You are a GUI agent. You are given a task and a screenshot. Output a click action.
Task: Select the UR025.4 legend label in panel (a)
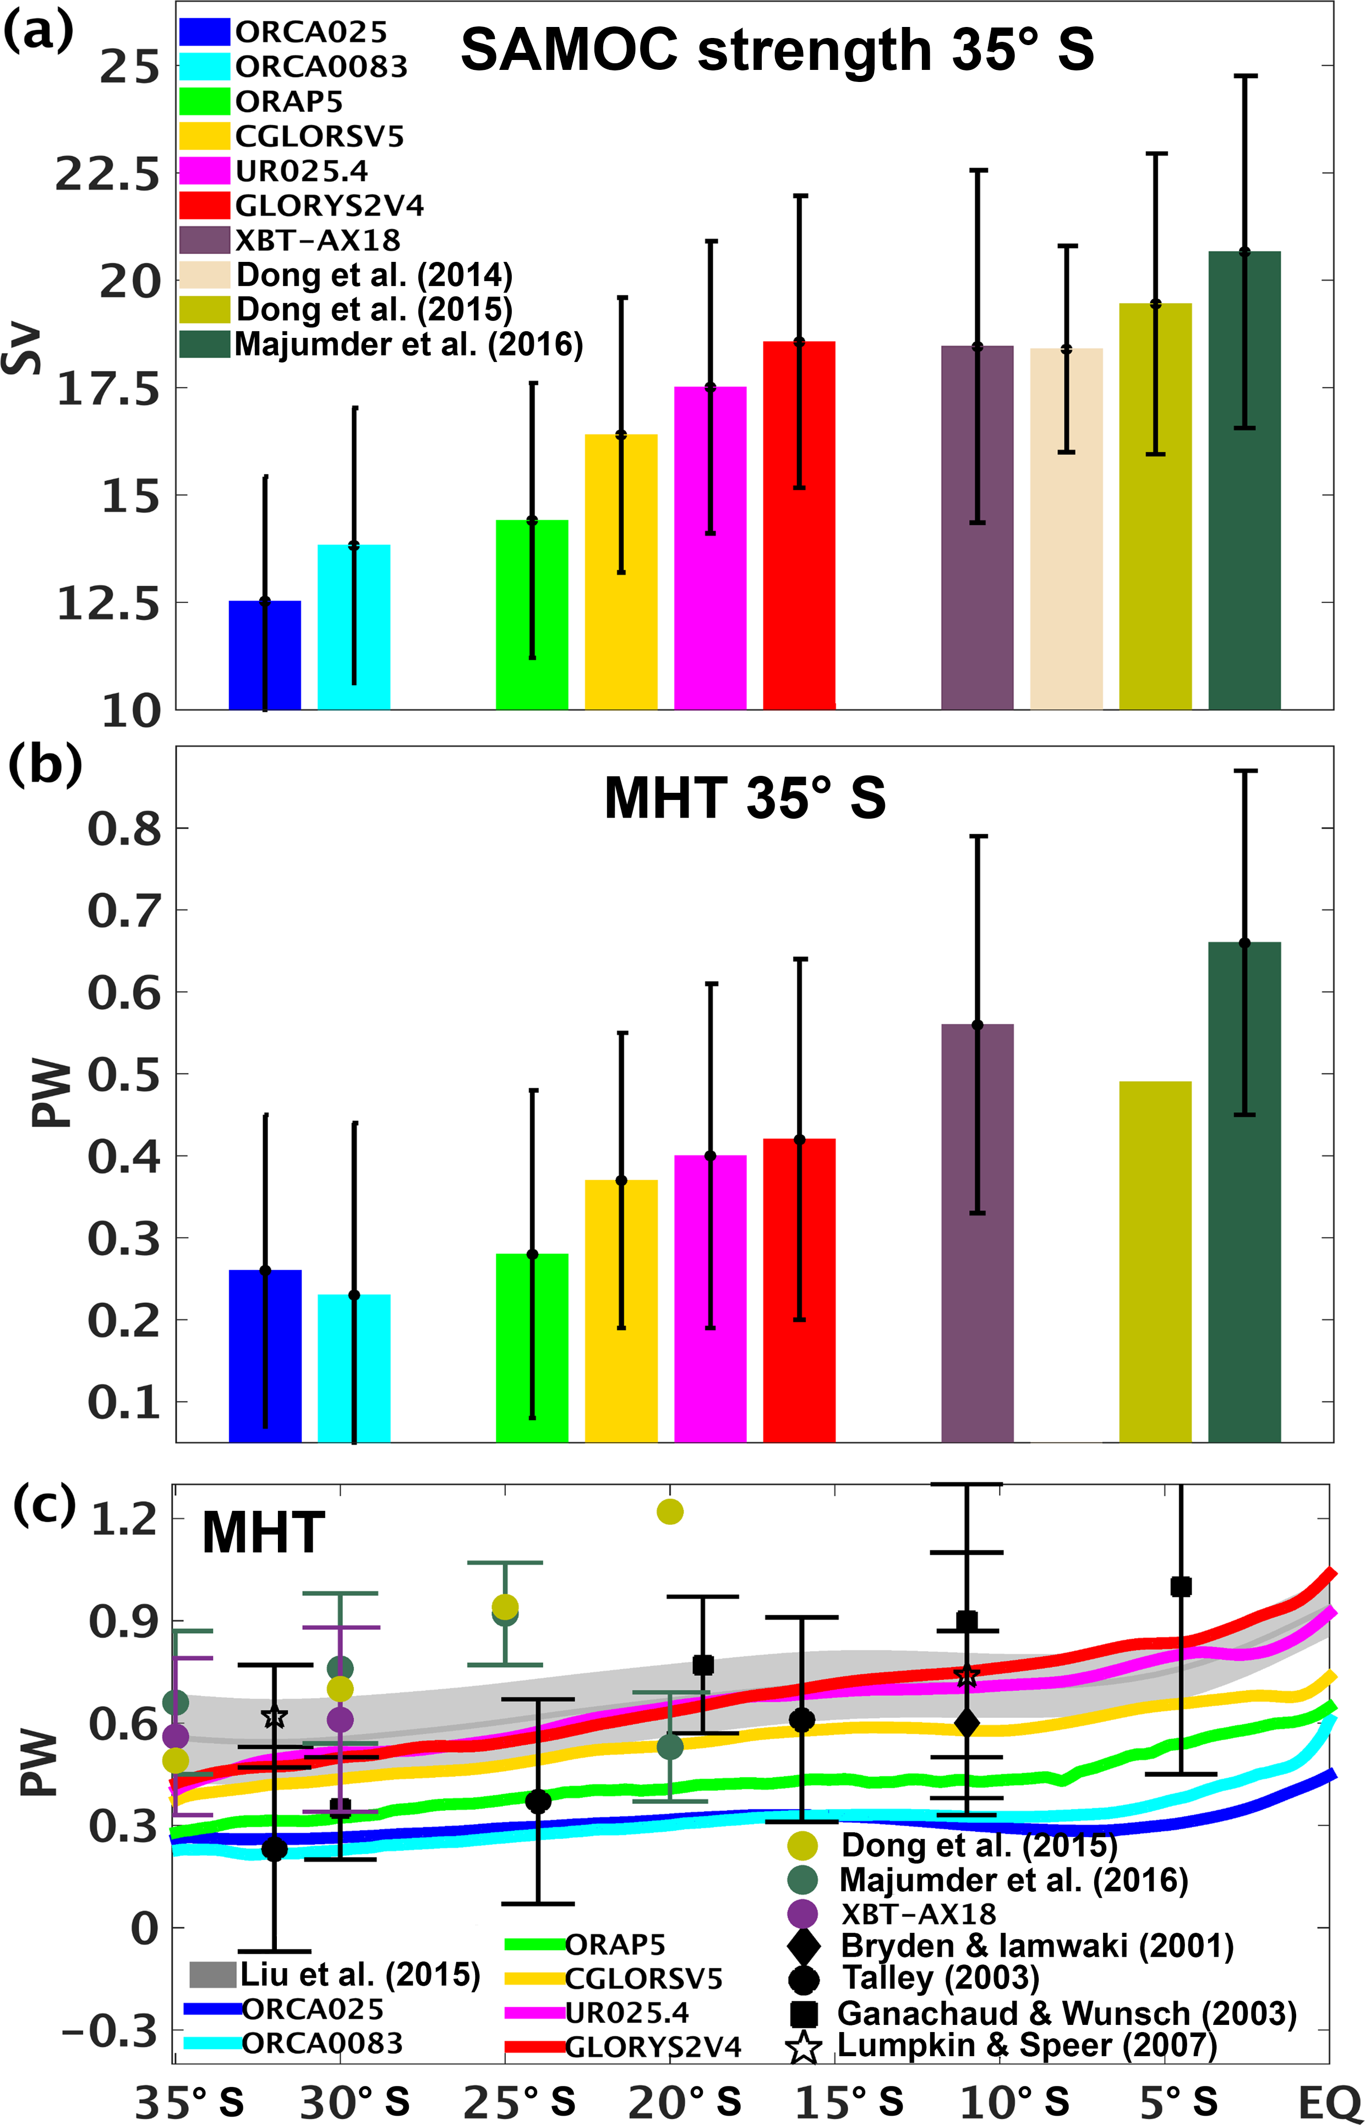[302, 171]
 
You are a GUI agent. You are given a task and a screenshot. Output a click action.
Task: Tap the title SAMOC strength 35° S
[777, 51]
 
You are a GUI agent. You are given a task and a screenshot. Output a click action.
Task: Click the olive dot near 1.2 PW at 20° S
[670, 1512]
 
